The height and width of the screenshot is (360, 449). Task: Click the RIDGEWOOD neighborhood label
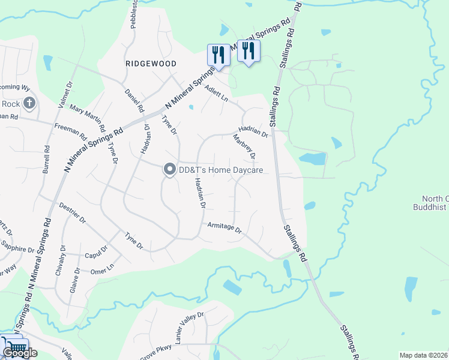151,64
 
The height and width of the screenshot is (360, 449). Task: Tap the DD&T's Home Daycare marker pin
169,170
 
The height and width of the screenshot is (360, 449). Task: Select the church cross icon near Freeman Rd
30,103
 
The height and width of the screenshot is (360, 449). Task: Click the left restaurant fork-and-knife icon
218,55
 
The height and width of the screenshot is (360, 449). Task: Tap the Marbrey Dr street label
245,147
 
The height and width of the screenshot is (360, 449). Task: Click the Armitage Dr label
224,227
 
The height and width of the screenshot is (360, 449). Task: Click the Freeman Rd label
67,128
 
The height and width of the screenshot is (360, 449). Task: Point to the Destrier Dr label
73,211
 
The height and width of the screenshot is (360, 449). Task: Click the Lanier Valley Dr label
189,328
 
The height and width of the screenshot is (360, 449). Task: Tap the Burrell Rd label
46,160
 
